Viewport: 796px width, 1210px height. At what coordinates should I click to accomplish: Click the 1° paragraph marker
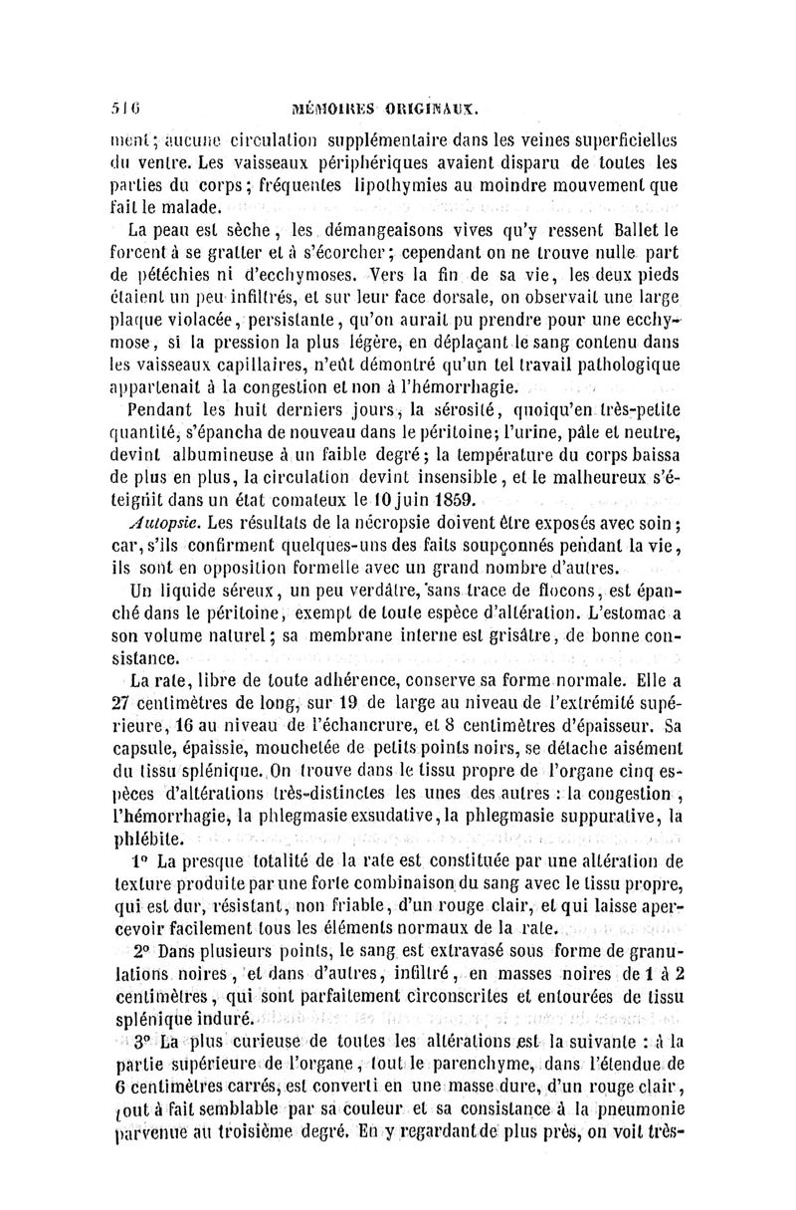(x=137, y=861)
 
